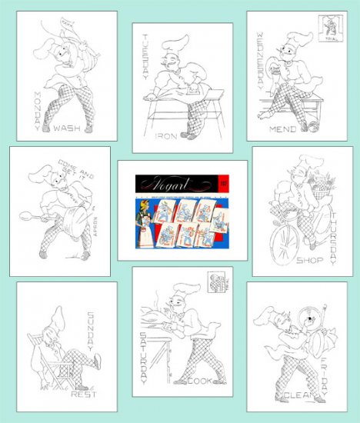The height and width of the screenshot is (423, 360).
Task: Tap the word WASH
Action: coord(68,128)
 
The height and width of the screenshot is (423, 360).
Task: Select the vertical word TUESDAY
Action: coord(146,58)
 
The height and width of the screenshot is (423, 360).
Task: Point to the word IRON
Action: coord(165,137)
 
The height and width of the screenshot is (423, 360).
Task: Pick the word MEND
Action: coord(282,130)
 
